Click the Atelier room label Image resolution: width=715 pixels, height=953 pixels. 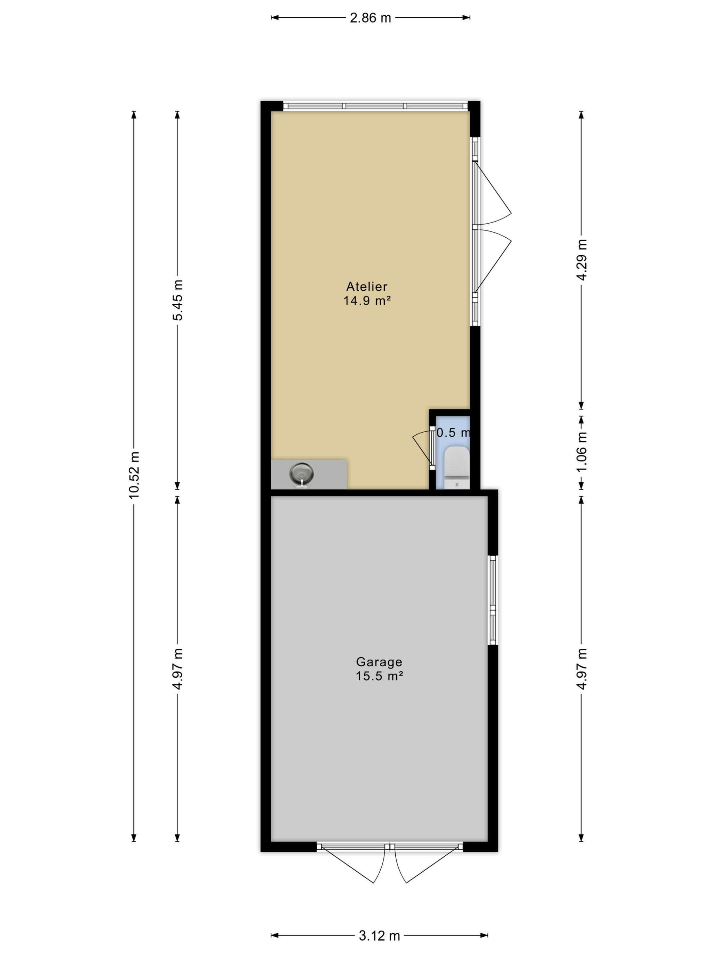pyautogui.click(x=367, y=287)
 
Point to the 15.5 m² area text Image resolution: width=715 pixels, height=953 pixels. pyautogui.click(x=379, y=676)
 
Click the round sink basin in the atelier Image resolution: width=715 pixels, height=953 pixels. pyautogui.click(x=301, y=473)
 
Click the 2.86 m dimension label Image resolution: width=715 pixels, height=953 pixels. pyautogui.click(x=370, y=18)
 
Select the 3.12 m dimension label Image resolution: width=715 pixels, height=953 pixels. pyautogui.click(x=379, y=935)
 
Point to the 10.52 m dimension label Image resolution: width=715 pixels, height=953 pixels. pyautogui.click(x=134, y=475)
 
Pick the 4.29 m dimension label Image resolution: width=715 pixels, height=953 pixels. pyautogui.click(x=582, y=259)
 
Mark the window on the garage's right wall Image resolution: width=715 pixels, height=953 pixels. pyautogui.click(x=493, y=600)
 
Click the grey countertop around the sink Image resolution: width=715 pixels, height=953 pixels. pyautogui.click(x=308, y=474)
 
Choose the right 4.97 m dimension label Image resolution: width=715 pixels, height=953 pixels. pyautogui.click(x=582, y=669)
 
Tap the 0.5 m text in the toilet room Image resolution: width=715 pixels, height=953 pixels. pyautogui.click(x=453, y=433)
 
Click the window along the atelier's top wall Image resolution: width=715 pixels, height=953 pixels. pyautogui.click(x=375, y=106)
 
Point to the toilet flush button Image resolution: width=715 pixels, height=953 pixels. pyautogui.click(x=457, y=485)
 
